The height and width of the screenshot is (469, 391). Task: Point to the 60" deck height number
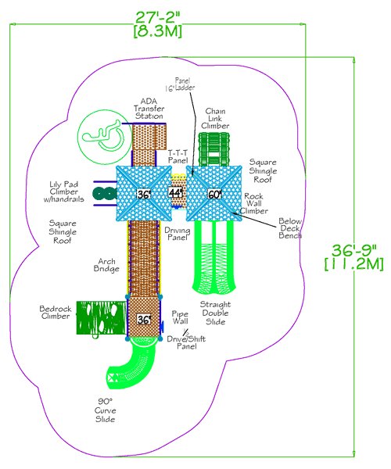[214, 193]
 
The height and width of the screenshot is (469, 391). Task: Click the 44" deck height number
[177, 192]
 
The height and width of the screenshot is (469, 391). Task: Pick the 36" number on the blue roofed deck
[143, 194]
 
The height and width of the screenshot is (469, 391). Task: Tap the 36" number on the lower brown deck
[144, 320]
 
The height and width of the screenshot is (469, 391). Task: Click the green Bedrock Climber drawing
[100, 318]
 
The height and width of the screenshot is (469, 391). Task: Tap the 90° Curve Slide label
[105, 410]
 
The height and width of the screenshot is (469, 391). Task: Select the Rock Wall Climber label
[256, 203]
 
